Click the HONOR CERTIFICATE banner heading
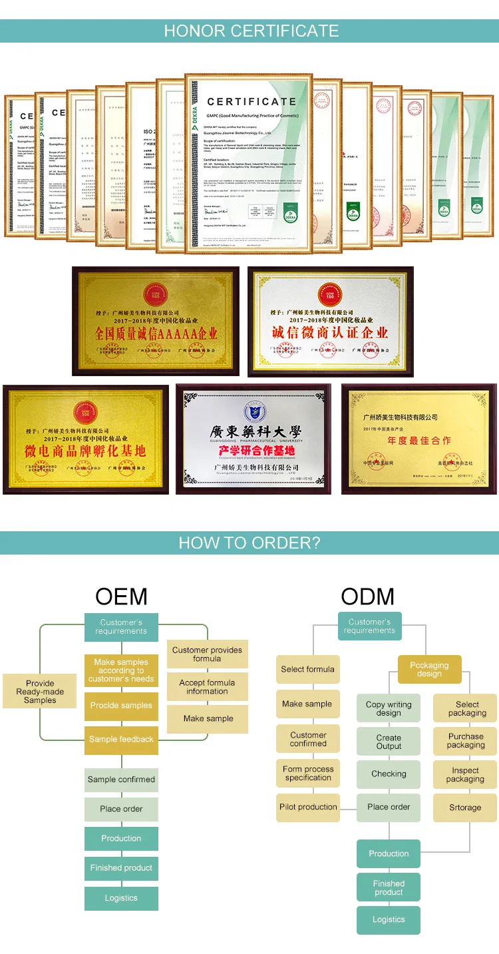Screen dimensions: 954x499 pos(251,31)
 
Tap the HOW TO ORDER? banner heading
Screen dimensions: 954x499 pos(249,543)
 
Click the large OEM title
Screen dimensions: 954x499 pos(121,596)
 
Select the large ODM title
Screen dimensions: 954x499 pos(368,596)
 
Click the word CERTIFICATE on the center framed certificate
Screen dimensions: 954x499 pos(251,102)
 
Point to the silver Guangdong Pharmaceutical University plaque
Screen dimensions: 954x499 pos(253,439)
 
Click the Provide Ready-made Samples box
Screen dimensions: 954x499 pos(40,692)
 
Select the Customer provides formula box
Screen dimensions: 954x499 pos(207,654)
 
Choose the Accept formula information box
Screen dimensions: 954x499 pos(207,687)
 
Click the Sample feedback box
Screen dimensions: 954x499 pos(121,739)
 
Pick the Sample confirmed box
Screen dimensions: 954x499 pos(121,779)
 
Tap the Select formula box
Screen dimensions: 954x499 pos(307,669)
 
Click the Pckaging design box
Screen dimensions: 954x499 pos(429,669)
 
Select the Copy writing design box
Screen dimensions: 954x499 pos(389,708)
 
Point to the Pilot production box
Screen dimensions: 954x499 pos(308,807)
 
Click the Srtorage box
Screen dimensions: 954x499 pos(465,808)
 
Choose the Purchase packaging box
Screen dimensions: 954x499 pos(465,741)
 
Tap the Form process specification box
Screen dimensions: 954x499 pos(308,773)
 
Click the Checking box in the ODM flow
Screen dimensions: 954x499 pos(389,774)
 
